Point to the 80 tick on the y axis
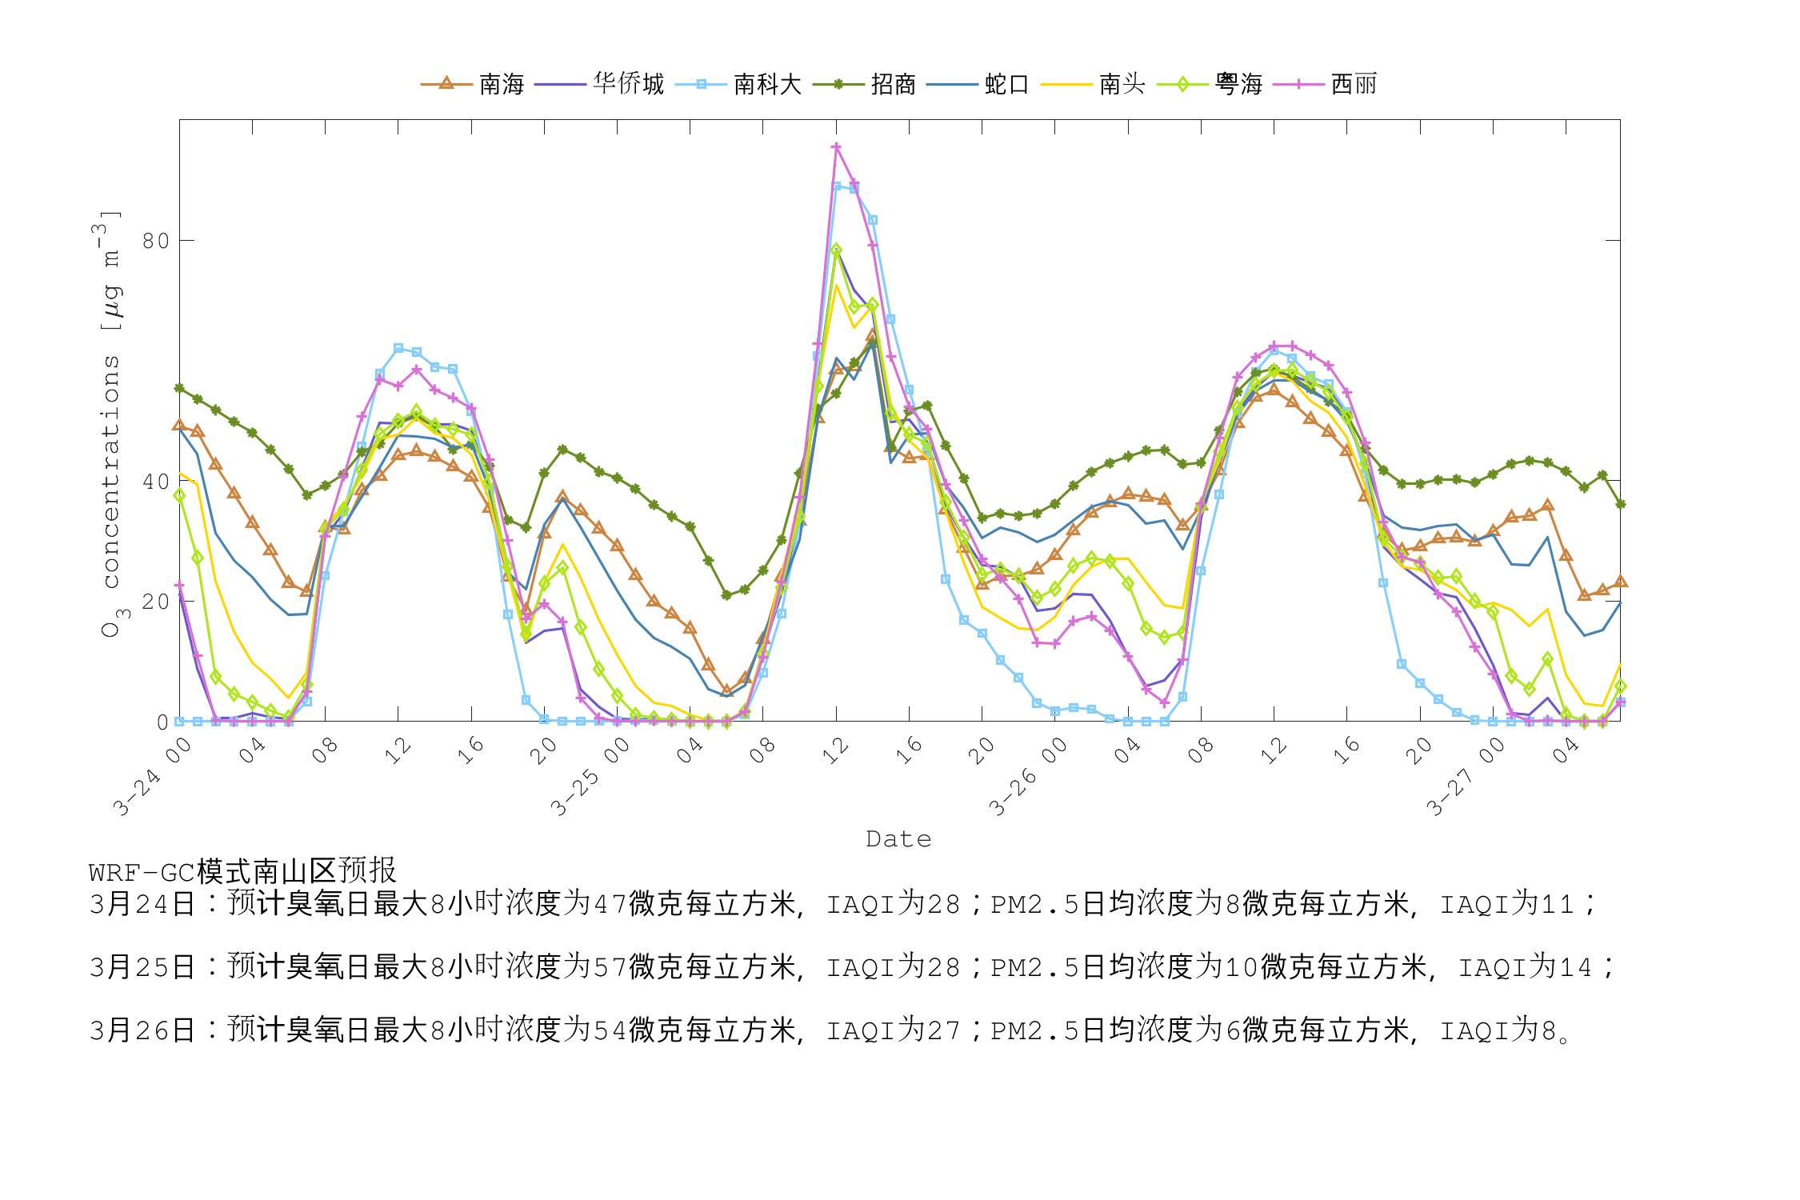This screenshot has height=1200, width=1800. (156, 240)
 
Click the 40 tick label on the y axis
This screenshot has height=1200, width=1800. (156, 482)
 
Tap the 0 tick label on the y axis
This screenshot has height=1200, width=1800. (162, 722)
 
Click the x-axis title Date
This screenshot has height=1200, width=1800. (898, 839)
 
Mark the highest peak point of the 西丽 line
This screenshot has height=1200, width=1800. (836, 147)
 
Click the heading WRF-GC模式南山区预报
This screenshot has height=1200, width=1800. (242, 870)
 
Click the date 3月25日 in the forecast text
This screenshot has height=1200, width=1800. (142, 967)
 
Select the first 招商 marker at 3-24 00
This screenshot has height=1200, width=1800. (179, 388)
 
